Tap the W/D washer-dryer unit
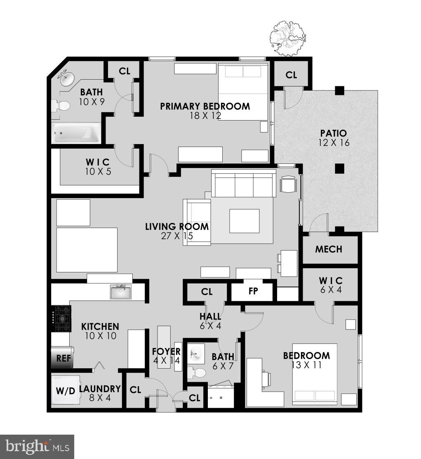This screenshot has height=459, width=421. tap(65, 391)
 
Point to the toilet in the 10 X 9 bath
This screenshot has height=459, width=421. tap(61, 106)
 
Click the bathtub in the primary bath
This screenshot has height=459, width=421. tap(76, 133)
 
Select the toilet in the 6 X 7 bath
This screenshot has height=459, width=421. tap(196, 373)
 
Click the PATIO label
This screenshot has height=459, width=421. tap(333, 133)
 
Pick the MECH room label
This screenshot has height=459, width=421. tap(329, 249)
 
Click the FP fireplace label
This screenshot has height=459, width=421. tap(253, 291)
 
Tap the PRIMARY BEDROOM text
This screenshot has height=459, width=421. tap(205, 106)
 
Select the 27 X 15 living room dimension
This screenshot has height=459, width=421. tap(177, 236)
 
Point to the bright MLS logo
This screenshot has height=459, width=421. tap(37, 447)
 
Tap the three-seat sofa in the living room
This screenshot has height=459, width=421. tap(243, 185)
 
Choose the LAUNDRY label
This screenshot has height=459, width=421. tap(100, 388)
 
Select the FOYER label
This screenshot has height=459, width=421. tap(166, 352)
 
